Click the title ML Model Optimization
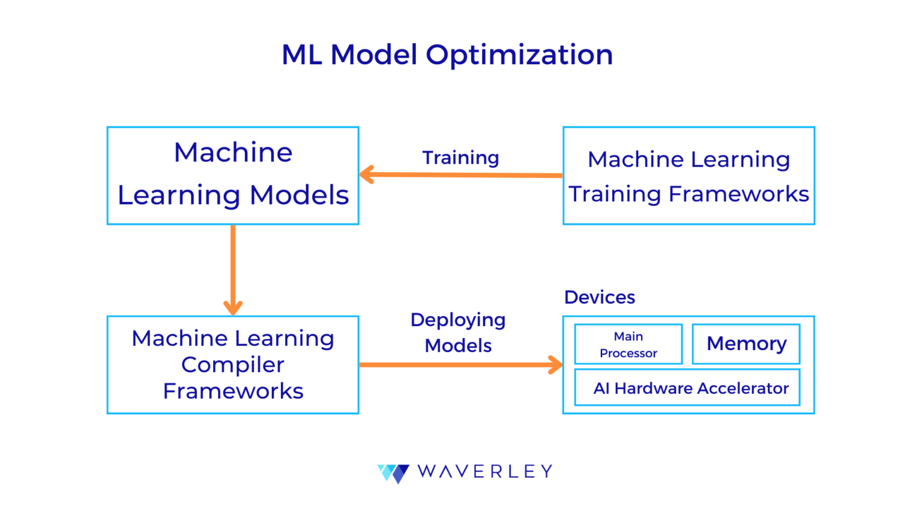tap(447, 55)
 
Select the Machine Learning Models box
tap(233, 175)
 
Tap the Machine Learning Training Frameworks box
tap(688, 176)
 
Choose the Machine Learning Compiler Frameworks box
tap(233, 365)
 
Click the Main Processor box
tap(628, 344)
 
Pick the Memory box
tap(746, 344)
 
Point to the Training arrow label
tap(460, 158)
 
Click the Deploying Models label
tap(458, 333)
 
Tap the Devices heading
tap(599, 297)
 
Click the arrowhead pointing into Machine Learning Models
tap(366, 175)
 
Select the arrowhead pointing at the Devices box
tap(556, 365)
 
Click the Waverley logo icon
tap(394, 472)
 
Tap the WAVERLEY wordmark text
tap(484, 472)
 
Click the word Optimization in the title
tap(519, 55)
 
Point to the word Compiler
tap(233, 365)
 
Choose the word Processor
tap(628, 353)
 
